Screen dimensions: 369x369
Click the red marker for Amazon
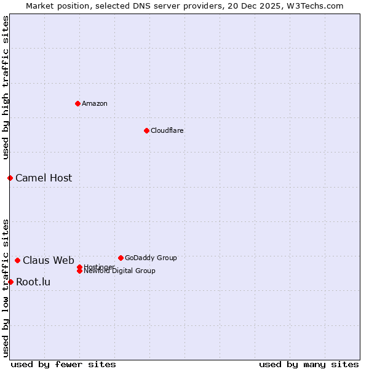(x=77, y=103)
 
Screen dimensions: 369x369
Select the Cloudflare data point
(x=146, y=130)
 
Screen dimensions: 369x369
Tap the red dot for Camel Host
(x=10, y=178)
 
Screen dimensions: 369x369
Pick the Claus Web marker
(x=17, y=260)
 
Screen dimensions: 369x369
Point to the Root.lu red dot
(x=10, y=282)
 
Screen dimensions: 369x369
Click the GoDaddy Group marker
(x=121, y=258)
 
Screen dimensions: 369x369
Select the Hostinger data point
(x=79, y=267)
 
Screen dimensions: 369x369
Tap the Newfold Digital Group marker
(x=79, y=271)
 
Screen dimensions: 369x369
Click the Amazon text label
(x=94, y=103)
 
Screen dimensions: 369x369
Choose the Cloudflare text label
(x=167, y=130)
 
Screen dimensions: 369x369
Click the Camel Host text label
(x=44, y=178)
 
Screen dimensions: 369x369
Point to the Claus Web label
(x=49, y=260)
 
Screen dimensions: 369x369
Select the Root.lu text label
(x=33, y=282)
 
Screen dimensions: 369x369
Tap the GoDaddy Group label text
(x=151, y=258)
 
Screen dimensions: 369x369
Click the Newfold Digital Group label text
(x=119, y=271)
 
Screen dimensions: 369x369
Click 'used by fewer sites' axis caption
(x=63, y=364)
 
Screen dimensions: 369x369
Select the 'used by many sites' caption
(x=309, y=364)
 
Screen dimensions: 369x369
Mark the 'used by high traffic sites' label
(x=6, y=88)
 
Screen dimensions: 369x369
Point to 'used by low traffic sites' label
(x=6, y=287)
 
